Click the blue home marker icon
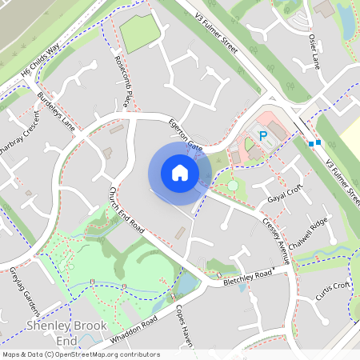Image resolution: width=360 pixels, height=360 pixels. (x=180, y=173)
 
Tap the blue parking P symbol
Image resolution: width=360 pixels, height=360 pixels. (x=262, y=137)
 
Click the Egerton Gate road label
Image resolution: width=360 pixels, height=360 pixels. (x=184, y=134)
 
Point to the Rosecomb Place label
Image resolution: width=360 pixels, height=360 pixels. (x=123, y=81)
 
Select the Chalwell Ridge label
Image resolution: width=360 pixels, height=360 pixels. (x=310, y=231)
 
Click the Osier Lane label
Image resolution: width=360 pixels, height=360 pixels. (x=312, y=52)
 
